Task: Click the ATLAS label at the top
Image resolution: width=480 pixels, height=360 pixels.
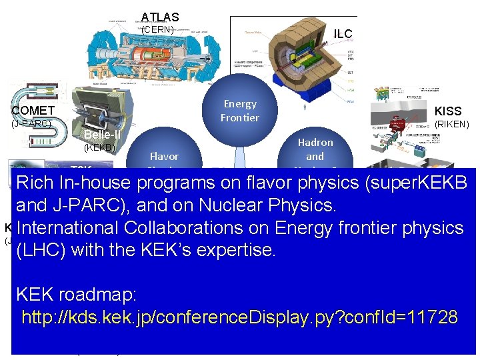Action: [160, 17]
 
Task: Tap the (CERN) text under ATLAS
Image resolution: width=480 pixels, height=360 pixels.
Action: [158, 29]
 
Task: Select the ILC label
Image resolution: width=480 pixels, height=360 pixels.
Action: [343, 34]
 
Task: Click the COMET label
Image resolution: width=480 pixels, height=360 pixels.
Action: [33, 110]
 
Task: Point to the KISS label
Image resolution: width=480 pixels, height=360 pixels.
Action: [447, 111]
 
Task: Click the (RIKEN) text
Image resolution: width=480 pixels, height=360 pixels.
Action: [451, 124]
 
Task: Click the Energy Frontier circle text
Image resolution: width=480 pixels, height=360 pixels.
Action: [240, 111]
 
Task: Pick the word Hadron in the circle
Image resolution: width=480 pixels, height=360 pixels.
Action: [315, 143]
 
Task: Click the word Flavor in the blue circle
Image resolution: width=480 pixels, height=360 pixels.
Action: [164, 157]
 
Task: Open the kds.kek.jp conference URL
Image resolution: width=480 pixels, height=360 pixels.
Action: [239, 317]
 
